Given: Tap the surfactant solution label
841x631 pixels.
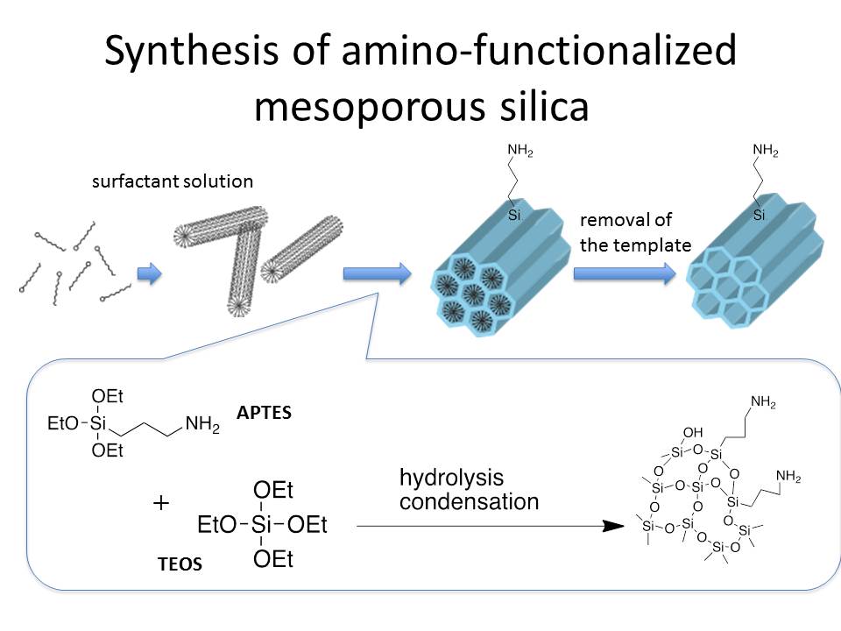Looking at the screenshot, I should pyautogui.click(x=173, y=182).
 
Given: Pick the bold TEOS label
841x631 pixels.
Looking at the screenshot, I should pyautogui.click(x=179, y=564).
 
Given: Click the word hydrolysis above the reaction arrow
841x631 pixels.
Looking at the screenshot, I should pyautogui.click(x=451, y=478).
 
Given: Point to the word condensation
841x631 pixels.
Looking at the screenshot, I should pyautogui.click(x=469, y=502).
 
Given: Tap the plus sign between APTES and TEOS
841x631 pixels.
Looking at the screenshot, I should pyautogui.click(x=161, y=504).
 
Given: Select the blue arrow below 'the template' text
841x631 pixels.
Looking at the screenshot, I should pyautogui.click(x=625, y=274).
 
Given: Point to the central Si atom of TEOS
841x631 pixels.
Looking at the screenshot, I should pyautogui.click(x=262, y=526).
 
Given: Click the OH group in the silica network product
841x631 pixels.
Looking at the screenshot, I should pyautogui.click(x=693, y=431).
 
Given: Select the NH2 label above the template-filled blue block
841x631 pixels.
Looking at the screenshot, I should pyautogui.click(x=519, y=152).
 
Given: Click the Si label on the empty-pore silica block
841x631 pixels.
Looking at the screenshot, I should pyautogui.click(x=760, y=214).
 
